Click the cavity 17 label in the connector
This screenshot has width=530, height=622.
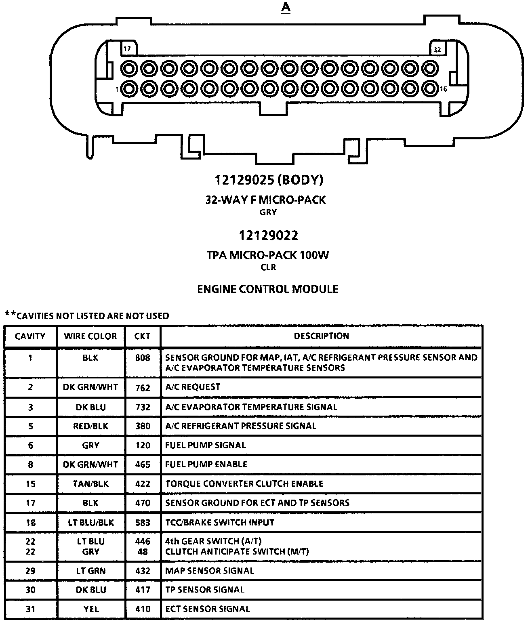127,49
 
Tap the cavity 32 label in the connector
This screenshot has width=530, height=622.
437,50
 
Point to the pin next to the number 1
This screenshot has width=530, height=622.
129,88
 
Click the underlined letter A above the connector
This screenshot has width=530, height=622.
286,8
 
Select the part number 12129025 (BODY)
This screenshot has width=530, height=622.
269,180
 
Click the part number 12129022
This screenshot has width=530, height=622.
268,235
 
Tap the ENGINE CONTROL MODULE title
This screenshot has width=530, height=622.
267,289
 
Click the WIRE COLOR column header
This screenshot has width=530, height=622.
90,336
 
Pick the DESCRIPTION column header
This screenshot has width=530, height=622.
321,336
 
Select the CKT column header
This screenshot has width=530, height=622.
142,336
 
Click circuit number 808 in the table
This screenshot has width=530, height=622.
143,358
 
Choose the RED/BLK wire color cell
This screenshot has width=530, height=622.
90,426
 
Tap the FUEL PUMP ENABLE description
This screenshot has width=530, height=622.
206,464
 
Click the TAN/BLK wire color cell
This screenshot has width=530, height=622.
90,484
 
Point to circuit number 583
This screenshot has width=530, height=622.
143,523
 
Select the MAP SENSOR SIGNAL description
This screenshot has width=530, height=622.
210,571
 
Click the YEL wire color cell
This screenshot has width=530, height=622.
90,609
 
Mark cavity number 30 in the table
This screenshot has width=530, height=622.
30,590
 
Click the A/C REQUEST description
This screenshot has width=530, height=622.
193,387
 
